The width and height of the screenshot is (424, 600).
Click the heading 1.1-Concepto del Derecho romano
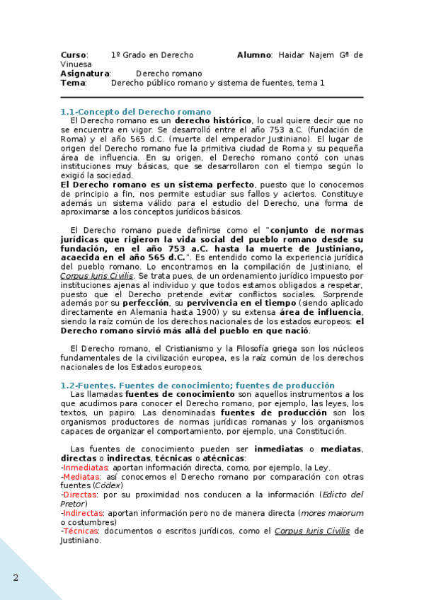tap(136, 112)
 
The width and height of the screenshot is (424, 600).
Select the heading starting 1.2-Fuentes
tap(197, 385)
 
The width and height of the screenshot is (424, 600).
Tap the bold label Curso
tap(73, 54)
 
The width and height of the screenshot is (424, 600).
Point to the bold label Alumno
tap(254, 54)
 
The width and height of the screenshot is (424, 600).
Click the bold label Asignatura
tap(85, 73)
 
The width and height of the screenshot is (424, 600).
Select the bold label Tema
tap(73, 83)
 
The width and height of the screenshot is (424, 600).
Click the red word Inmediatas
tap(86, 468)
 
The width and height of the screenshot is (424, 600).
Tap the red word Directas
tap(80, 495)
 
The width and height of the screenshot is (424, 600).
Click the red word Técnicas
tap(81, 531)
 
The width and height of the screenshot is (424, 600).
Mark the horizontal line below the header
tap(212, 97)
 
